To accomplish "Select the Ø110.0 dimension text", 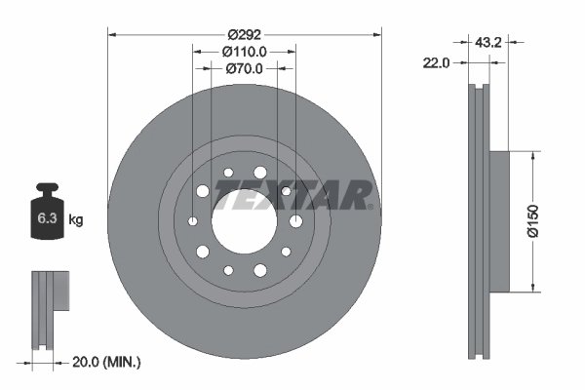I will (244, 51).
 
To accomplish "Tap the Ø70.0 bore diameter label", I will (244, 69).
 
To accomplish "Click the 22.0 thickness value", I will (435, 63).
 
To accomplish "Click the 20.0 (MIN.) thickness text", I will (108, 362).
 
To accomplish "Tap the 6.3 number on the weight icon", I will (47, 219).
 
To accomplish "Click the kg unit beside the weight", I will (76, 220).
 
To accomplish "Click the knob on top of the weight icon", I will (47, 187).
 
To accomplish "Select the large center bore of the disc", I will (244, 219).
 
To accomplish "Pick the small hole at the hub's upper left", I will (228, 173).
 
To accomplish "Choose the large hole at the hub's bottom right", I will (285, 252).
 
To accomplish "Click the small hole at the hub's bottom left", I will (228, 269).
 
